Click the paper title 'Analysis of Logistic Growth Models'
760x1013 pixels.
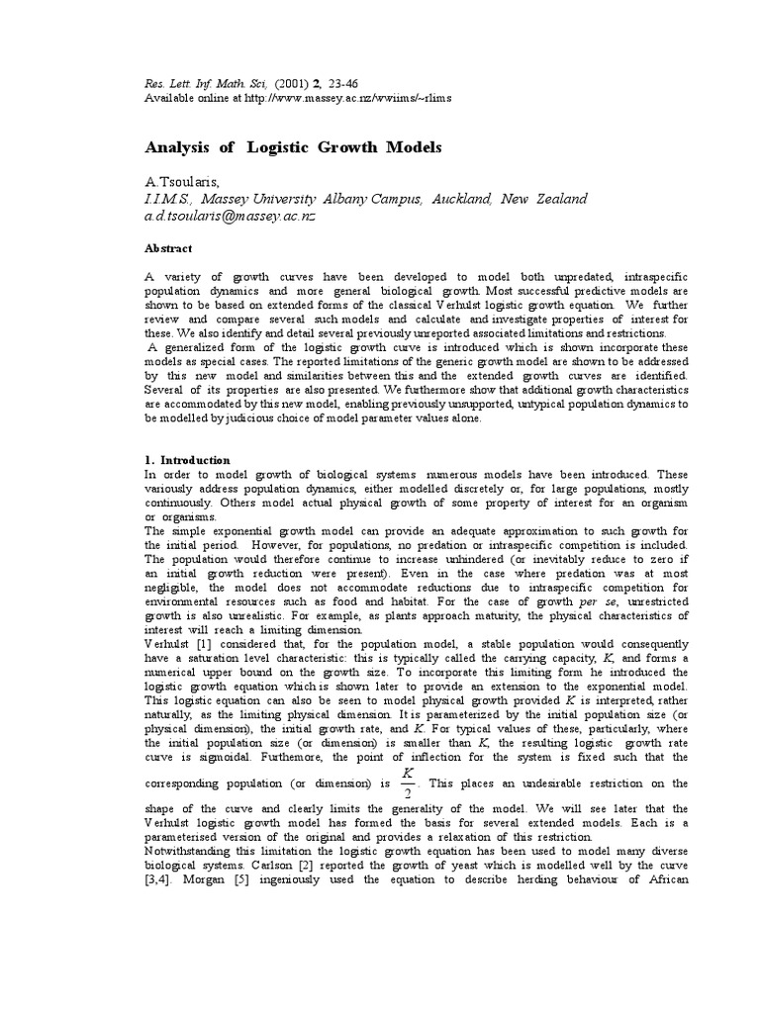click(293, 147)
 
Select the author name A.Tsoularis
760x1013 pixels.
click(184, 182)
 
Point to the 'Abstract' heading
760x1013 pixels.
click(168, 248)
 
